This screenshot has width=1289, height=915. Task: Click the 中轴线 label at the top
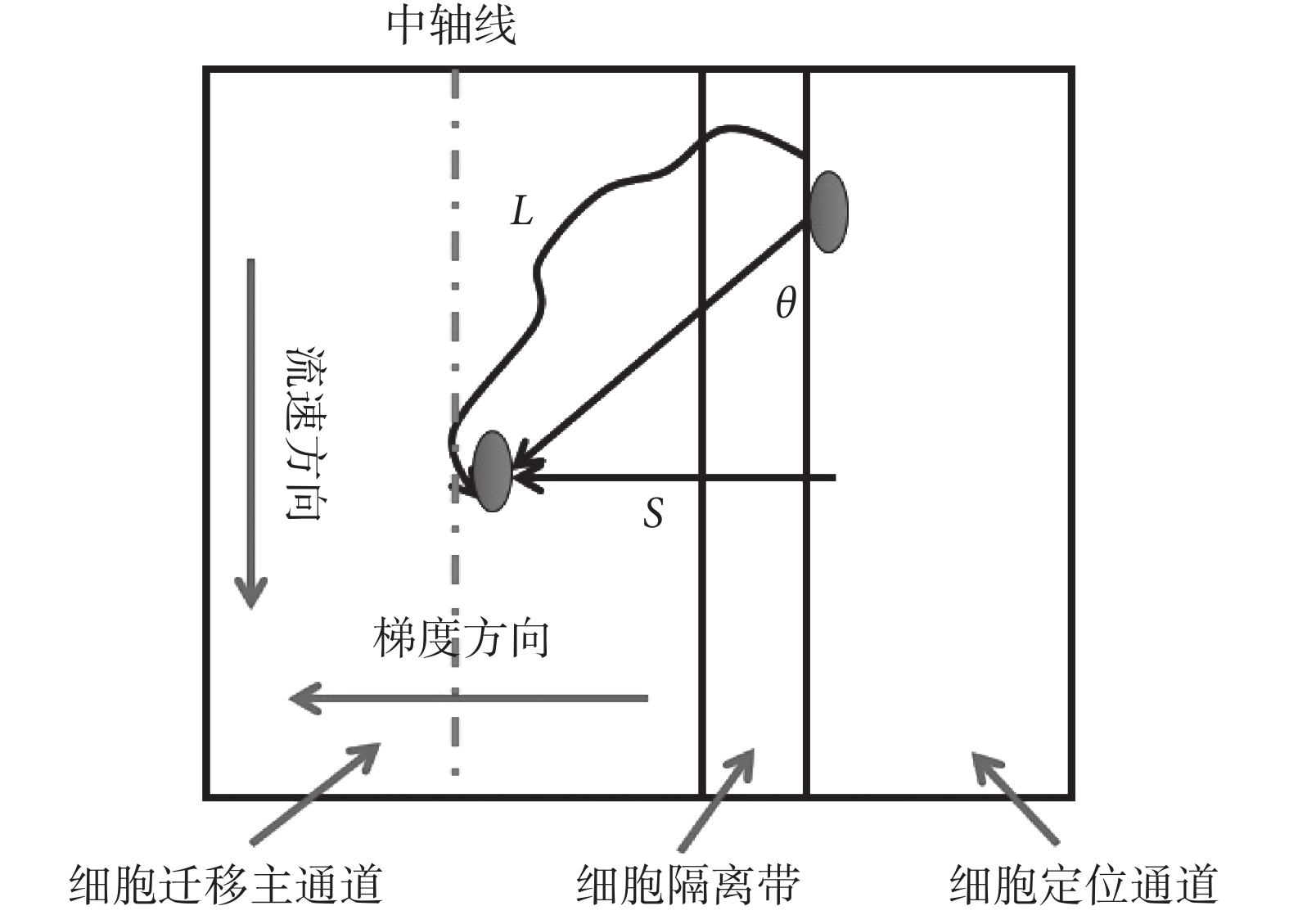[451, 25]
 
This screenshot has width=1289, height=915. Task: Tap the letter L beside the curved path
[521, 211]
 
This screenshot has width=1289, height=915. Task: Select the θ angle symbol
[786, 304]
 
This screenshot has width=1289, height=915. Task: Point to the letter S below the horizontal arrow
[653, 514]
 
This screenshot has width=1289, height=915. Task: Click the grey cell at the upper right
[828, 211]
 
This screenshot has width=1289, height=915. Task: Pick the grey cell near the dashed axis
[493, 471]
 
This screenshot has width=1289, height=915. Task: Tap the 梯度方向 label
[461, 639]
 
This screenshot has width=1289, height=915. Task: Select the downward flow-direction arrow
[251, 434]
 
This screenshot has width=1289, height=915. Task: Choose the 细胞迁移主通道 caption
[226, 885]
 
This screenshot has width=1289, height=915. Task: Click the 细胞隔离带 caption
[687, 885]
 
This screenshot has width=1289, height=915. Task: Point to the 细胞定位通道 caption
[1083, 885]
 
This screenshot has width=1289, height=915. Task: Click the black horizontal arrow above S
[679, 476]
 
